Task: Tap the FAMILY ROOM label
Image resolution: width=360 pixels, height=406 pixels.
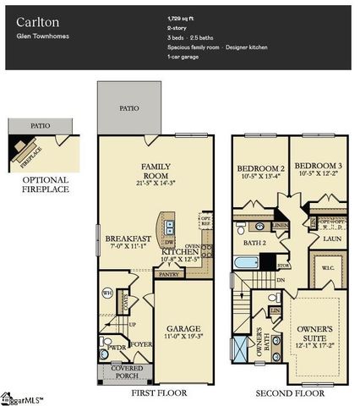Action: pyautogui.click(x=156, y=170)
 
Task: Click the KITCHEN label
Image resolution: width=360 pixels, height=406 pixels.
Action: pyautogui.click(x=179, y=252)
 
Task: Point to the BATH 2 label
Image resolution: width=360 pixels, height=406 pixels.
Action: pyautogui.click(x=255, y=244)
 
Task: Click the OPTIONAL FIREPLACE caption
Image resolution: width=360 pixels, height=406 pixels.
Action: pyautogui.click(x=40, y=185)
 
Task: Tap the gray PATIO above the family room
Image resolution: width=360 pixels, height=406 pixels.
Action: pyautogui.click(x=129, y=109)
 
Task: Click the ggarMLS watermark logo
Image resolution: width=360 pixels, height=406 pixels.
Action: pyautogui.click(x=23, y=398)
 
